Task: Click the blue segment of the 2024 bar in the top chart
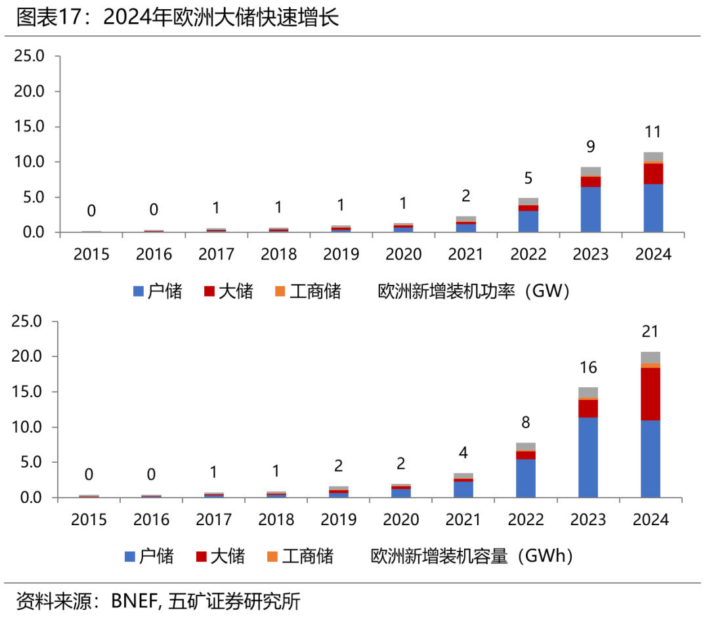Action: tap(653, 208)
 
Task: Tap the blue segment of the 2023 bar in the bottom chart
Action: tap(588, 458)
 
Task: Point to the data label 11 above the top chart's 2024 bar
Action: tap(653, 132)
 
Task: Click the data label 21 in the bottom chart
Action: tap(650, 332)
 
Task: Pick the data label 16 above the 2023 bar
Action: tap(588, 368)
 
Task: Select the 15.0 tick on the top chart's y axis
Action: tap(28, 127)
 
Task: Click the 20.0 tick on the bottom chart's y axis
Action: tap(26, 357)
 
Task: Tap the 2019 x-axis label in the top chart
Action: tap(341, 254)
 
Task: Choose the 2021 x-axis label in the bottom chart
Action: tap(463, 520)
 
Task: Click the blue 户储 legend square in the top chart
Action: tap(138, 291)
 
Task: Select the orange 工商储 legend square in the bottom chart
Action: tap(272, 557)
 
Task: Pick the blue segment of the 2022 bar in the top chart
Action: tap(528, 221)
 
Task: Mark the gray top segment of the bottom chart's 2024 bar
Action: tap(650, 357)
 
